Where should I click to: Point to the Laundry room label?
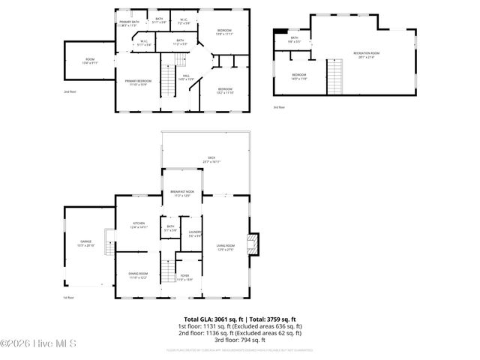click(194, 234)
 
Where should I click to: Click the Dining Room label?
click(139, 275)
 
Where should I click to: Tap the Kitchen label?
click(139, 224)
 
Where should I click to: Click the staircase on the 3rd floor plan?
click(334, 76)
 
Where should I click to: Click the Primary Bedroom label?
click(139, 82)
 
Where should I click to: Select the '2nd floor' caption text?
click(70, 91)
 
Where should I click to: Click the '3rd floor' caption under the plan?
click(279, 107)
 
